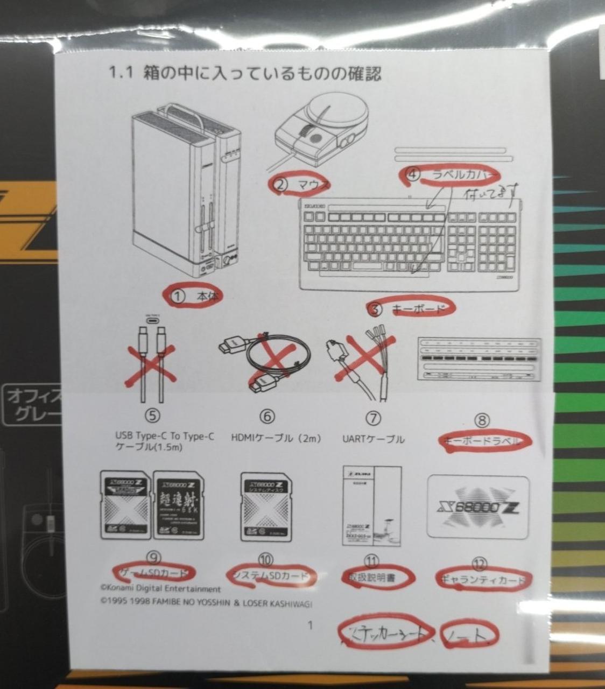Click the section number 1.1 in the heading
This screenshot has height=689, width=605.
pyautogui.click(x=121, y=73)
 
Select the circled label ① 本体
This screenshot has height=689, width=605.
pyautogui.click(x=194, y=296)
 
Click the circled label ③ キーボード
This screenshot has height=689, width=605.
pyautogui.click(x=411, y=308)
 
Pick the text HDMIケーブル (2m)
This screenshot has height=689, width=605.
pyautogui.click(x=276, y=439)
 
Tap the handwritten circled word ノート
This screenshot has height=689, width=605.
pyautogui.click(x=467, y=636)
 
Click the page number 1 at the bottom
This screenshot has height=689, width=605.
pyautogui.click(x=309, y=625)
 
